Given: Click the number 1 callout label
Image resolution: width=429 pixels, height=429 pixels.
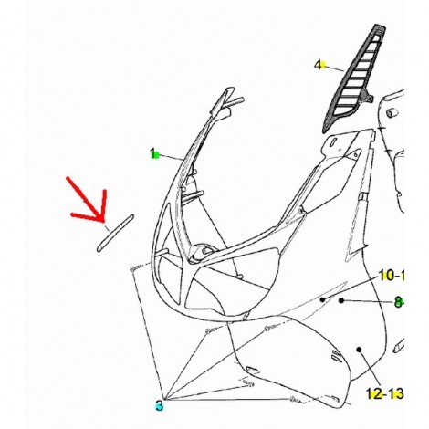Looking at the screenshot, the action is pyautogui.click(x=153, y=153).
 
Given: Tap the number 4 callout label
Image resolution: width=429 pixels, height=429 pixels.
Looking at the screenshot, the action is pyautogui.click(x=318, y=65).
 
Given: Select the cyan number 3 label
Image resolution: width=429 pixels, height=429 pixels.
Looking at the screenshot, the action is pyautogui.click(x=159, y=405).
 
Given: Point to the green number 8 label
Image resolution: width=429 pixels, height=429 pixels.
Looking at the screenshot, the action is pyautogui.click(x=398, y=302).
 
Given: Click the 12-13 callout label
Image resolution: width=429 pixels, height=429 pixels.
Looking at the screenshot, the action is pyautogui.click(x=384, y=393).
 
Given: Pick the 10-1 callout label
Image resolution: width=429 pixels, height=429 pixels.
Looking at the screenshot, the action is pyautogui.click(x=392, y=276).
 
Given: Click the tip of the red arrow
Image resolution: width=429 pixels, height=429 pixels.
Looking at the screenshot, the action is pyautogui.click(x=103, y=221).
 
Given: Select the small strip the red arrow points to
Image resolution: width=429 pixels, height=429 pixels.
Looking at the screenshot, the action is pyautogui.click(x=115, y=233).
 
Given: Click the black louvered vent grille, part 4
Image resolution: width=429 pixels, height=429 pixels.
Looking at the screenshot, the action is pyautogui.click(x=354, y=78).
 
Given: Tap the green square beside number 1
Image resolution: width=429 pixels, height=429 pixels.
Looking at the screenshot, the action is pyautogui.click(x=156, y=156).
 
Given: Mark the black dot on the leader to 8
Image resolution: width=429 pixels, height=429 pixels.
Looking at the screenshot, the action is pyautogui.click(x=341, y=300).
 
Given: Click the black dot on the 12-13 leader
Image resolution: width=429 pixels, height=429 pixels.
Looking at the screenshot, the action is pyautogui.click(x=359, y=350).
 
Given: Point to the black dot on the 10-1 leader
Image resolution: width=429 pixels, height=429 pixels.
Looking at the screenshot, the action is pyautogui.click(x=322, y=299).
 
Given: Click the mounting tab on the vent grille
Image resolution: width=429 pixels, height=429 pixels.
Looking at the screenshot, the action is pyautogui.click(x=369, y=99).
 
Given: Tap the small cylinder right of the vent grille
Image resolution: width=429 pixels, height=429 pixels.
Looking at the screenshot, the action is pyautogui.click(x=392, y=112).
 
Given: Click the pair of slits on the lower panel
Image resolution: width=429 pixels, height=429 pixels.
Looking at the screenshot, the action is pyautogui.click(x=336, y=354).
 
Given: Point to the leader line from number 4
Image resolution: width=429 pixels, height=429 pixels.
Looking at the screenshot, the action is pyautogui.click(x=333, y=68).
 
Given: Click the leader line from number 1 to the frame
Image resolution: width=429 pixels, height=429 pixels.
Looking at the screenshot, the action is pyautogui.click(x=171, y=158).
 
